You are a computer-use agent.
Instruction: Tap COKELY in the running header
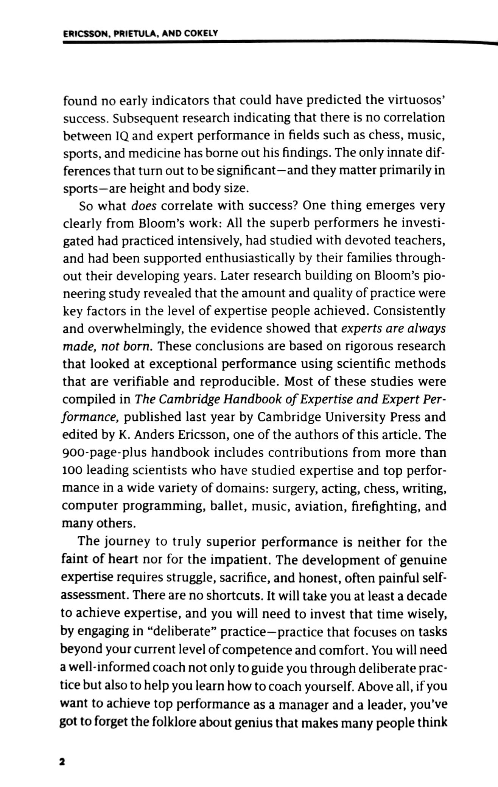tap(201, 33)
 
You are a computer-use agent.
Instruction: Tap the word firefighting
tap(386, 506)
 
